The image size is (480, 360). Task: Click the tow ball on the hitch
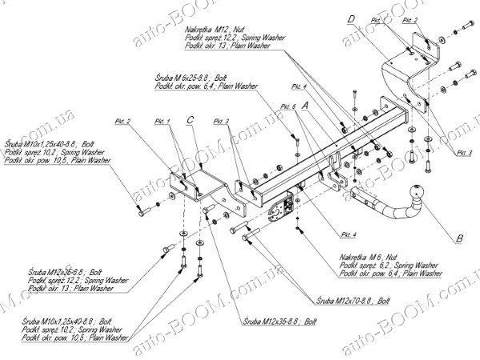pos(419,193)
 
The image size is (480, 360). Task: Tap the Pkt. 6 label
pos(288,106)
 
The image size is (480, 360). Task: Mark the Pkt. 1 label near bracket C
pos(162,122)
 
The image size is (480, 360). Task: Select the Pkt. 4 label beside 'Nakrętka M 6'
pos(349,234)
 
